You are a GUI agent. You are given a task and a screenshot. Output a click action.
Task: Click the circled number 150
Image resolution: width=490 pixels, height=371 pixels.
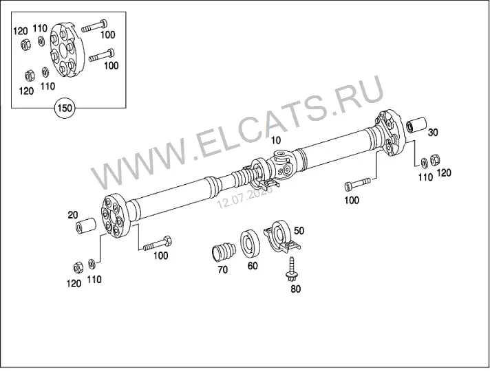click(65, 109)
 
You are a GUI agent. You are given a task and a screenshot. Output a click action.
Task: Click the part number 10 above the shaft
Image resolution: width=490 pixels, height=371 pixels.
click(276, 140)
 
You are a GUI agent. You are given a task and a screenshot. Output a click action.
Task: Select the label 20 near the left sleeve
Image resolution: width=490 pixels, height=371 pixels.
click(73, 215)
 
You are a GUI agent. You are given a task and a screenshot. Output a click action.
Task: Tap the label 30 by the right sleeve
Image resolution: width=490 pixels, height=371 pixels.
click(433, 133)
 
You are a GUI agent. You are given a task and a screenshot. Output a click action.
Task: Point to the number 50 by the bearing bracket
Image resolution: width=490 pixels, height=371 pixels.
click(299, 231)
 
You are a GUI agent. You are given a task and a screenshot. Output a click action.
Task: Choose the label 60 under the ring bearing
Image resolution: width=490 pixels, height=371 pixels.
click(253, 266)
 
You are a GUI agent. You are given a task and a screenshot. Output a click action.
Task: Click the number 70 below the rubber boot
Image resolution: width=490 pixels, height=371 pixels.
click(223, 269)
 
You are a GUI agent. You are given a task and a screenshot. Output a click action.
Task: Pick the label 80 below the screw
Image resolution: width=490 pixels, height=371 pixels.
click(295, 289)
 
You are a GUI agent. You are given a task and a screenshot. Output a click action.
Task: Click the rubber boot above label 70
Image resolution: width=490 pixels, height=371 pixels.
click(223, 252)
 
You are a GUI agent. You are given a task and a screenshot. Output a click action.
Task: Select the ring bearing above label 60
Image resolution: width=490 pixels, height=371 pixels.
click(250, 243)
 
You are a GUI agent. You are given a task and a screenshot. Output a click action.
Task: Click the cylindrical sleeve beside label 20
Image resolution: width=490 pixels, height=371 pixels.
click(85, 226)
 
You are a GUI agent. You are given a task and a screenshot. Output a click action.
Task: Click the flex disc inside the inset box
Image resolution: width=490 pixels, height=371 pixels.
click(67, 51)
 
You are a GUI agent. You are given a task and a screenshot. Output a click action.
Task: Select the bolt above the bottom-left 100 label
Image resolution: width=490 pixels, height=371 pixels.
click(157, 243)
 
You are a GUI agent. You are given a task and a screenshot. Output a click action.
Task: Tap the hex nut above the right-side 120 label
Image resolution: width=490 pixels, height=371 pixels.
click(434, 160)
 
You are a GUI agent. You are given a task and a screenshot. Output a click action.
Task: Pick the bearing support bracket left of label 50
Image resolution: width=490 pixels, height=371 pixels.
click(281, 237)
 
